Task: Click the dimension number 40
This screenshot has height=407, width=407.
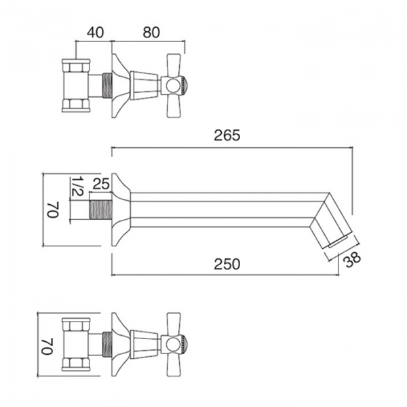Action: pos(95,33)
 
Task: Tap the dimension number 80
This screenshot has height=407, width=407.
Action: pos(151,33)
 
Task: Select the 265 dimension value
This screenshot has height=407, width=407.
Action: pos(227,135)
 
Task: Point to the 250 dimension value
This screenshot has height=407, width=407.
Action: pos(227,265)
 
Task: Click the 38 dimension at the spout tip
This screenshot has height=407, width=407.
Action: pos(352,260)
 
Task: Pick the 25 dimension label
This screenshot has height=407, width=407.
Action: pos(101,184)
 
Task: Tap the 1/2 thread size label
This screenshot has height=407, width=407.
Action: pos(77,187)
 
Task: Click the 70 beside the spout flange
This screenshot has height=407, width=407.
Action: pos(53,210)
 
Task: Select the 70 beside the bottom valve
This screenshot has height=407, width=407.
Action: pos(47,346)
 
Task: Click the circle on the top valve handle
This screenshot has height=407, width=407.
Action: pos(172,86)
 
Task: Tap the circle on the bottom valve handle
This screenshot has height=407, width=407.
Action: pos(172,345)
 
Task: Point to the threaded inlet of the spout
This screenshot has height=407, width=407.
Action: pos(100,209)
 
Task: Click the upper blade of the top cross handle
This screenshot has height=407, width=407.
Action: pos(173,65)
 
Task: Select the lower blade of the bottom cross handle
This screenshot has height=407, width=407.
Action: pos(173,365)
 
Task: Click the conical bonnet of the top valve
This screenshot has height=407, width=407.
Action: pos(144,86)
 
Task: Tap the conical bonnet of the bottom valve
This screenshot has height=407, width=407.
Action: pos(144,345)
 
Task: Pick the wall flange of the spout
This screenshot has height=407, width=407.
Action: pos(120,209)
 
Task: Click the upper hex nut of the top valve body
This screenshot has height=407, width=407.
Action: pos(76,66)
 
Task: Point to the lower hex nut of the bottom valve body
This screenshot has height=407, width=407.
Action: pos(76,364)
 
